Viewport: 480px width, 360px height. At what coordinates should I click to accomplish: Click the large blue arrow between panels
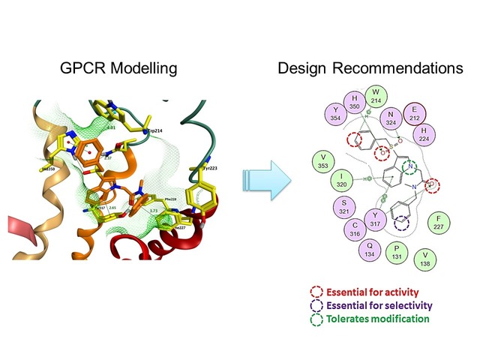pos(267,179)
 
